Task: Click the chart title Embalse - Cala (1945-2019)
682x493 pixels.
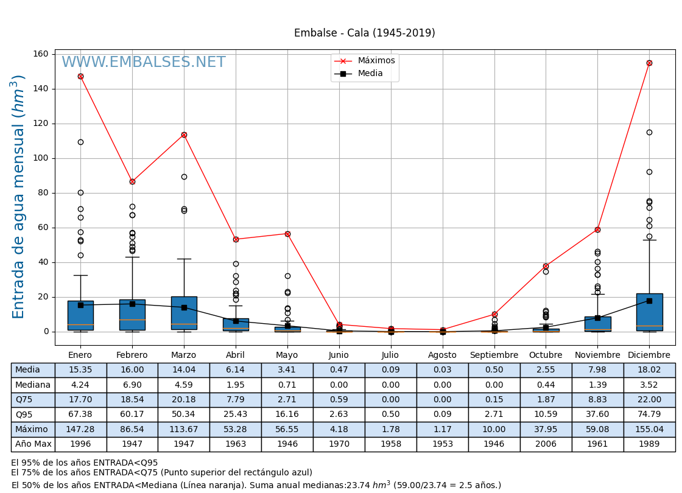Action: pyautogui.click(x=364, y=33)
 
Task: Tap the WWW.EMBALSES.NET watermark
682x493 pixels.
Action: pyautogui.click(x=144, y=63)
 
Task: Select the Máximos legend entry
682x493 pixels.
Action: pyautogui.click(x=376, y=61)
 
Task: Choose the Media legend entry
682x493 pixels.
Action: pyautogui.click(x=370, y=74)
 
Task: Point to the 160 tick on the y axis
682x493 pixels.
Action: pyautogui.click(x=41, y=54)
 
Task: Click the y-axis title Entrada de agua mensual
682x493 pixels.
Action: pyautogui.click(x=18, y=197)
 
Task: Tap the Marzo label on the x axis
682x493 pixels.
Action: pyautogui.click(x=184, y=355)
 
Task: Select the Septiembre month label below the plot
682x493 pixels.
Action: pyautogui.click(x=494, y=355)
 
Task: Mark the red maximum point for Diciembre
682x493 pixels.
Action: pyautogui.click(x=649, y=63)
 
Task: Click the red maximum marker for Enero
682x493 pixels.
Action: pyautogui.click(x=80, y=76)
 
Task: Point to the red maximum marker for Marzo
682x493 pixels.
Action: pyautogui.click(x=184, y=135)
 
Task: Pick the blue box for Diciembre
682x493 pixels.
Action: pyautogui.click(x=649, y=312)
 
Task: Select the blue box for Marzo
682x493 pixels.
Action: pyautogui.click(x=184, y=313)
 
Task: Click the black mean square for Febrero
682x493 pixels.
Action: pyautogui.click(x=132, y=304)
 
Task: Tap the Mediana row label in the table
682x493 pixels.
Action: pyautogui.click(x=33, y=385)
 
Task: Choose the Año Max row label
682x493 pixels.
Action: pyautogui.click(x=33, y=444)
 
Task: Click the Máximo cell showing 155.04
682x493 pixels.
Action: pyautogui.click(x=649, y=429)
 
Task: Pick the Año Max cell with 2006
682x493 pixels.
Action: pyautogui.click(x=546, y=444)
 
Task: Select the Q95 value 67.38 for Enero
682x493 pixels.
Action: pyautogui.click(x=80, y=414)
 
